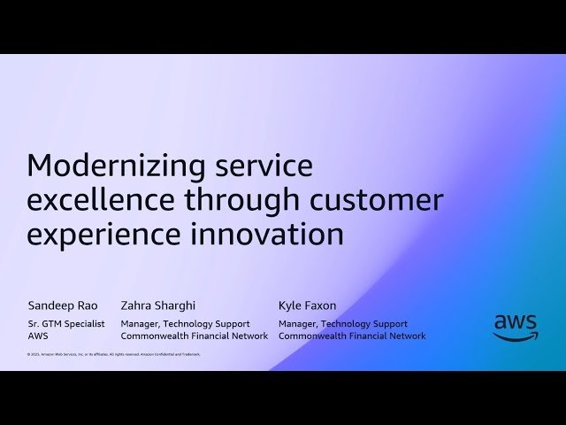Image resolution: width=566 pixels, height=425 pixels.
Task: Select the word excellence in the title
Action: [103, 200]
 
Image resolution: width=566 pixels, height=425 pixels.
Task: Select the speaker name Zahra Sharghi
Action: [157, 305]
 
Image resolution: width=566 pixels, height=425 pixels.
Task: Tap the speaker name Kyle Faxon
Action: [307, 305]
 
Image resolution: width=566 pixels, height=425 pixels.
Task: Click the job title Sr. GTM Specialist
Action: [66, 324]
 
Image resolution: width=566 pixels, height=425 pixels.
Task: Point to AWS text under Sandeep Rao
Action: [39, 336]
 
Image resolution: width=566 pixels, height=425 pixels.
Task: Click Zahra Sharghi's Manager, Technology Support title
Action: [185, 324]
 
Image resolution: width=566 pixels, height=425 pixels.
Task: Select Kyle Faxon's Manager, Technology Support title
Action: [343, 324]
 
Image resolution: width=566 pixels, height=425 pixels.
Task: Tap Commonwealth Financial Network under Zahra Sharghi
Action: [194, 336]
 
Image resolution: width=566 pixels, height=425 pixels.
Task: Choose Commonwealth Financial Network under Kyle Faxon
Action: [352, 336]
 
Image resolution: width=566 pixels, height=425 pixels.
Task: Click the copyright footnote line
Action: [114, 354]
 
